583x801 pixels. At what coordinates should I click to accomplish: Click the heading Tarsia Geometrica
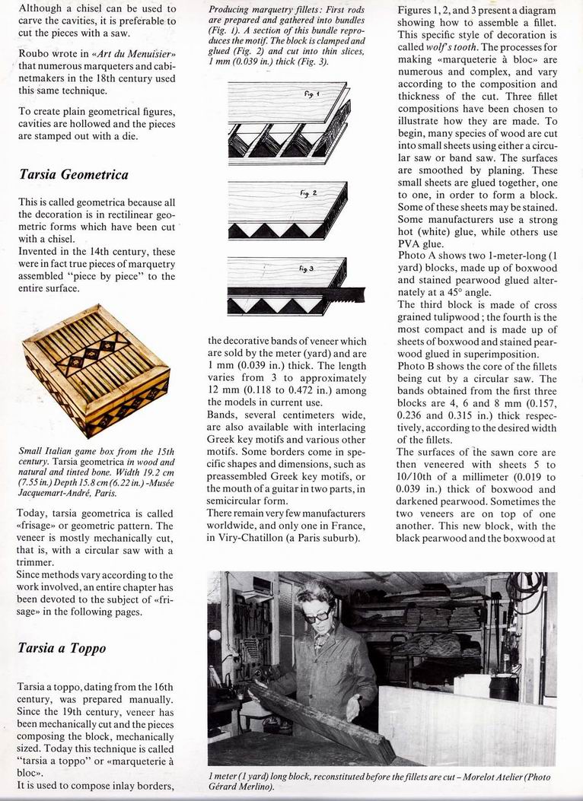tap(73, 175)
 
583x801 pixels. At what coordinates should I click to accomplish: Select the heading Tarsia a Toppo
tap(62, 648)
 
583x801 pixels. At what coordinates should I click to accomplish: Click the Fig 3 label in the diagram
tap(304, 269)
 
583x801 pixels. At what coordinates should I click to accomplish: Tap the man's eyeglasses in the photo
tap(317, 614)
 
